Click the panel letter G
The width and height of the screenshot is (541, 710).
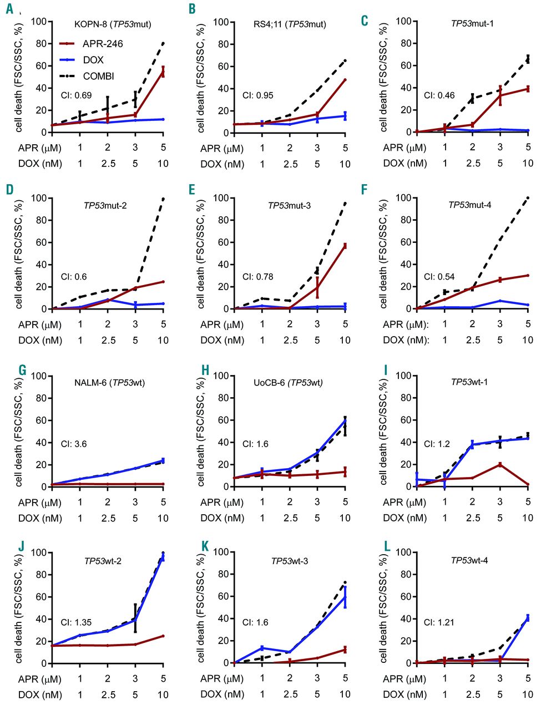pos(22,369)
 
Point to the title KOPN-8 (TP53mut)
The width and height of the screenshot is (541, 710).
pos(113,24)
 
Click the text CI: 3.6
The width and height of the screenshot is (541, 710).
pos(73,444)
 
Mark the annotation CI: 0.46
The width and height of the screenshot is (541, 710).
pos(439,95)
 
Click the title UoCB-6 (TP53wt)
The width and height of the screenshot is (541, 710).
pos(288,382)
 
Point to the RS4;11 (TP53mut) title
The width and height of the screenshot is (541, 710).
pos(289,24)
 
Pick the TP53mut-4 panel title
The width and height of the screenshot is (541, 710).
pos(469,205)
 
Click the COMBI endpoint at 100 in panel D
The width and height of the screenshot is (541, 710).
pos(163,199)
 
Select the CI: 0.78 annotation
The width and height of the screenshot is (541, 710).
pos(257,277)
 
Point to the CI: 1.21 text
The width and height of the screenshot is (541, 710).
pos(439,622)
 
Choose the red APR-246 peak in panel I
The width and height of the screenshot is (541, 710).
pos(500,464)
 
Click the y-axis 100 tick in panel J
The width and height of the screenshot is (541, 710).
pos(39,552)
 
